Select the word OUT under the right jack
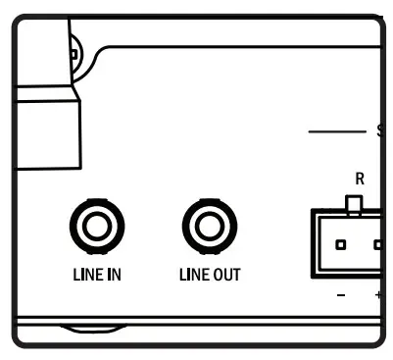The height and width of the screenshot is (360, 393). [x=224, y=275]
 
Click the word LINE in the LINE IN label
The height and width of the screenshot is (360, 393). [x=84, y=275]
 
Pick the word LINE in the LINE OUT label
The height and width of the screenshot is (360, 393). [x=191, y=275]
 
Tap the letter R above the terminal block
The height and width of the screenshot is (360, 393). [x=360, y=180]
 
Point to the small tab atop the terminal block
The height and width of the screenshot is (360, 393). [x=355, y=204]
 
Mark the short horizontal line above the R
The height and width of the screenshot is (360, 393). [x=336, y=130]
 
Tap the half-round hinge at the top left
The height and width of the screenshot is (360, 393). [x=74, y=44]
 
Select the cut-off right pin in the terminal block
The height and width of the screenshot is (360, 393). [x=377, y=242]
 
